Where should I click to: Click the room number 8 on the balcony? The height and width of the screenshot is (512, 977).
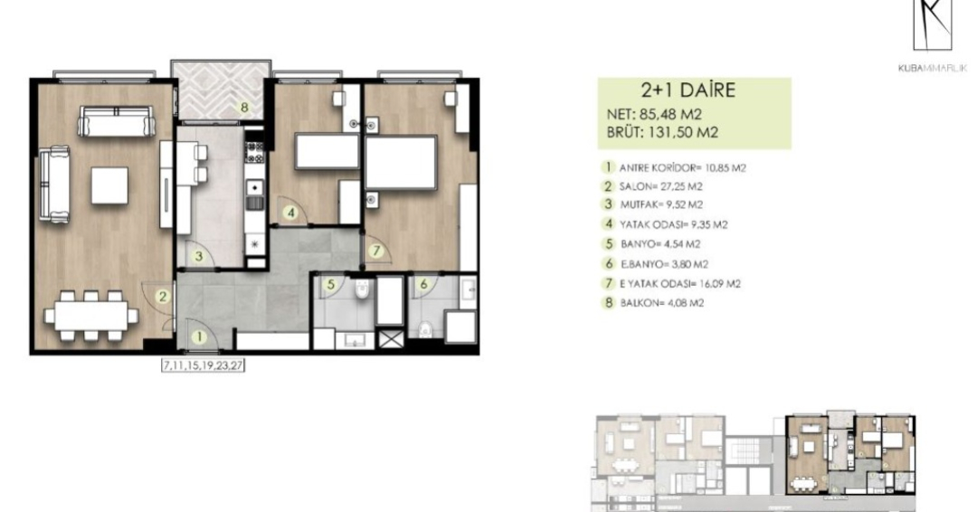coord(244,107)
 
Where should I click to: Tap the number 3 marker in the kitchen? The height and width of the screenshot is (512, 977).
coord(199,256)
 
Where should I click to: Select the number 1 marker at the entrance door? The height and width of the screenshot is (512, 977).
coord(199,337)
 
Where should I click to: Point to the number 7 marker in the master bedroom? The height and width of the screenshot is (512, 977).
coord(375,251)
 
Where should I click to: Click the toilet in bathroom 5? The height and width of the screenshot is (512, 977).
coord(363,290)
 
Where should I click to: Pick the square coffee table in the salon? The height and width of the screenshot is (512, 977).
coord(109,185)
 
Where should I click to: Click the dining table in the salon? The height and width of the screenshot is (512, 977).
coord(91,316)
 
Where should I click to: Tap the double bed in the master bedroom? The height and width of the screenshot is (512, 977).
coord(400,163)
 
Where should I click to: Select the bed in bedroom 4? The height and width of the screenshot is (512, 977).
coord(327,151)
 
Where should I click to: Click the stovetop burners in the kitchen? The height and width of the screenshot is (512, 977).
coord(255,152)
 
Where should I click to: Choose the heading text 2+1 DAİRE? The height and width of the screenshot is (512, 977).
coord(688,90)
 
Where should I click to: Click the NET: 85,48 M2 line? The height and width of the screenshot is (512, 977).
coord(654,115)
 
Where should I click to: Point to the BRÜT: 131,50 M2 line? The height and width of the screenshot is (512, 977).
coord(662,132)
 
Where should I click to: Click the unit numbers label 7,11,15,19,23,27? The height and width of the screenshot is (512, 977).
coord(204,365)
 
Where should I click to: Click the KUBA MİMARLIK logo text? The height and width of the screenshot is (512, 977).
coord(933,69)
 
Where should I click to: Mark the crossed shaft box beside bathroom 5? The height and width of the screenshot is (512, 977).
coord(391,339)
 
